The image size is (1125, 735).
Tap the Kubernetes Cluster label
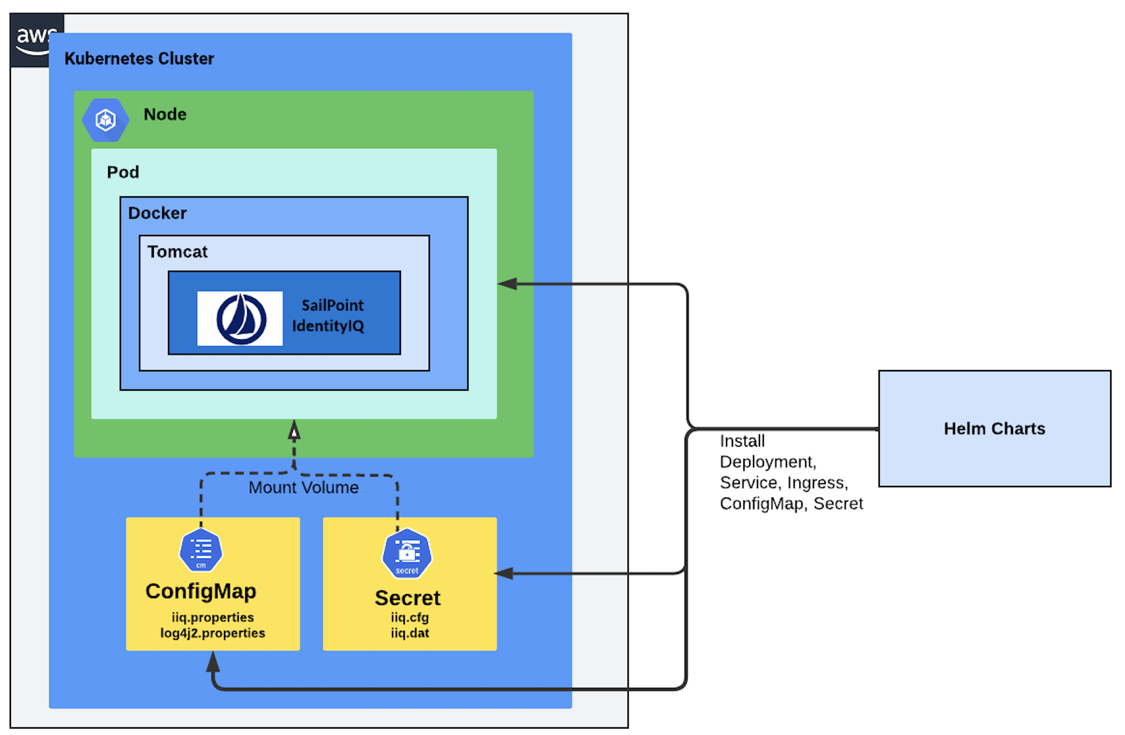[139, 59]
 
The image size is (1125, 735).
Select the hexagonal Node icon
[106, 120]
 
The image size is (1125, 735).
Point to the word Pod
[123, 172]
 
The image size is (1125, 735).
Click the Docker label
[157, 213]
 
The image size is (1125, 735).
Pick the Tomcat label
[178, 252]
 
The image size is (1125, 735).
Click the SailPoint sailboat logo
[241, 319]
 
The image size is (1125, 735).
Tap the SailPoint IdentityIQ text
[329, 315]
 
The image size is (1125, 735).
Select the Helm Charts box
[994, 429]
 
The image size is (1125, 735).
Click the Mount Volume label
[304, 488]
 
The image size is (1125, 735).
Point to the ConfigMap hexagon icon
[201, 551]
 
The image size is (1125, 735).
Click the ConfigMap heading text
[201, 591]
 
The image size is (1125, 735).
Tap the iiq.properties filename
[213, 617]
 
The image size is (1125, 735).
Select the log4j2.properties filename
[213, 633]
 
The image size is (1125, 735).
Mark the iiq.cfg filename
[410, 617]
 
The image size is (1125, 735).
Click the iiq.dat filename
[410, 633]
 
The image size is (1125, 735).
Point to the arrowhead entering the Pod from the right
[507, 284]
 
